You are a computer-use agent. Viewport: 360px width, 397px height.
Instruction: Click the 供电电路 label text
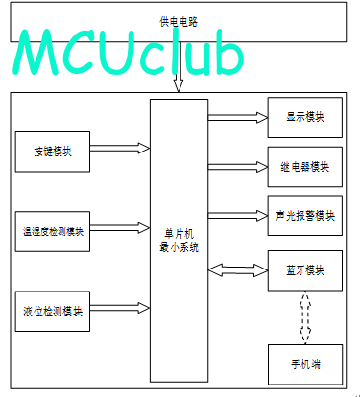coord(179,22)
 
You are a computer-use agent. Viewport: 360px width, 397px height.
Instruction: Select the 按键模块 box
coord(53,152)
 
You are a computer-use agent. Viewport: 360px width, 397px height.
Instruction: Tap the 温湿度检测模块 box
coord(53,231)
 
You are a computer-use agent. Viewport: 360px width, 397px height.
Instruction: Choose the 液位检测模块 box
coord(53,312)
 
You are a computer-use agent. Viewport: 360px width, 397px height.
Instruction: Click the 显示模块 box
coord(305,118)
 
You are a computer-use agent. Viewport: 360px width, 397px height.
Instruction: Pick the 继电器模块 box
coord(305,167)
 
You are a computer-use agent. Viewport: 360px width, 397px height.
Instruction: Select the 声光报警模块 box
coord(305,216)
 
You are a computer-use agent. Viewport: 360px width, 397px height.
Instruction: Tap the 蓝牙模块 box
coord(305,270)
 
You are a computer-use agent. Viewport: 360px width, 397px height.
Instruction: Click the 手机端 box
coord(305,364)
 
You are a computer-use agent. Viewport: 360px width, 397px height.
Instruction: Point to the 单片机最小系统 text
coord(180,241)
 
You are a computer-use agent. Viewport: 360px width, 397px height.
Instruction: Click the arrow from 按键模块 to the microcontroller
coord(120,148)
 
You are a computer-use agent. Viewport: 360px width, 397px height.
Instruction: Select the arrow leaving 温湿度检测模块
coord(120,228)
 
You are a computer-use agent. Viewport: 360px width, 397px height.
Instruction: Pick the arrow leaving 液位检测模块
coord(120,308)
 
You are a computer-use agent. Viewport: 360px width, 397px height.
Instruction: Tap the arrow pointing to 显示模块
coord(238,117)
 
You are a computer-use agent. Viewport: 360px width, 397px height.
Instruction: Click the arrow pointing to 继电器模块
coord(238,167)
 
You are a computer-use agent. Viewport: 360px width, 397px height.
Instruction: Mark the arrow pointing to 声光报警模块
coord(238,216)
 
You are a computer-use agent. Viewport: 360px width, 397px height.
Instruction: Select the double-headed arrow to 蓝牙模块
coord(238,270)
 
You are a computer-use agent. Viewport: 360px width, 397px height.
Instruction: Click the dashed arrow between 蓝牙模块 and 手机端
coord(305,317)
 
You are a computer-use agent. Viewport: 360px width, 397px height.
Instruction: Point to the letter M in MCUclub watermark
coord(36,52)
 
